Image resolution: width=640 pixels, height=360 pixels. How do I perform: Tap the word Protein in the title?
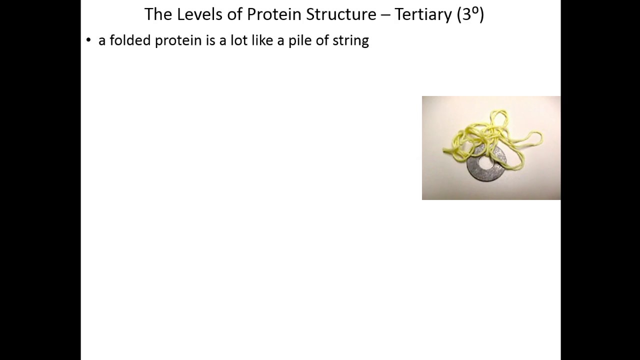268,14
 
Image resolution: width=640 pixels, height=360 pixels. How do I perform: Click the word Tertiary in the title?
423,14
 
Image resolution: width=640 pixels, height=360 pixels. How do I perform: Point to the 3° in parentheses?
470,14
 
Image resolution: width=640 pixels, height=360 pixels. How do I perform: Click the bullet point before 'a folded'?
88,40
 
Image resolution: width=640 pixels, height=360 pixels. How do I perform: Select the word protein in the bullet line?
178,41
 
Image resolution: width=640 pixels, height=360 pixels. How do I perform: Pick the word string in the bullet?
350,41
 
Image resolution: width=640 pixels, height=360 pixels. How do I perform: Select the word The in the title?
158,14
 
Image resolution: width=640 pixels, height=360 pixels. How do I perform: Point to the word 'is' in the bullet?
210,40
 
